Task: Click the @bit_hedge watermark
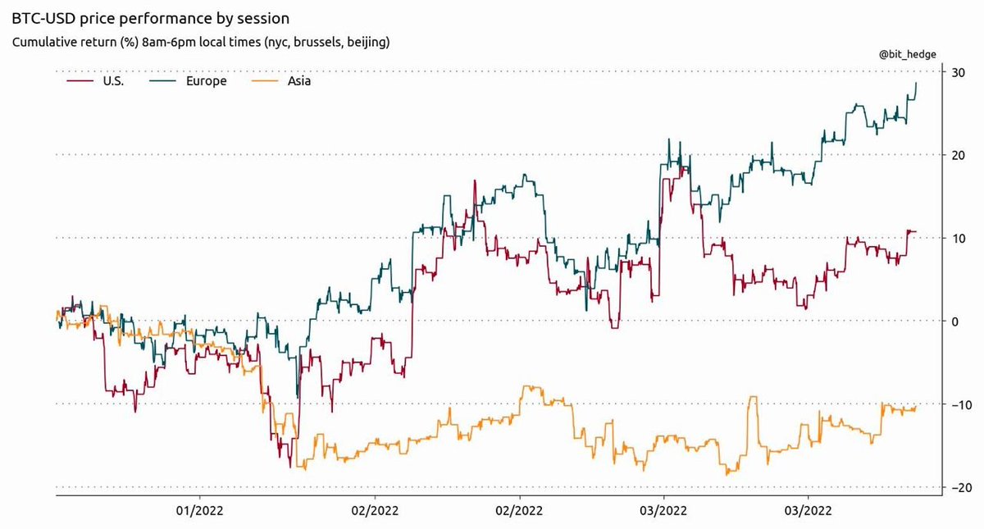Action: click(908, 54)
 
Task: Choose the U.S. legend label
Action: click(111, 81)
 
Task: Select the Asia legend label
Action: click(298, 81)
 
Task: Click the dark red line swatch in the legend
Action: click(75, 81)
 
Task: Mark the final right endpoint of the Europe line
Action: click(916, 83)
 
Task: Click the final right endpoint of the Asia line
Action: click(916, 407)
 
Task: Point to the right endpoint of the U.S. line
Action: click(916, 232)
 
